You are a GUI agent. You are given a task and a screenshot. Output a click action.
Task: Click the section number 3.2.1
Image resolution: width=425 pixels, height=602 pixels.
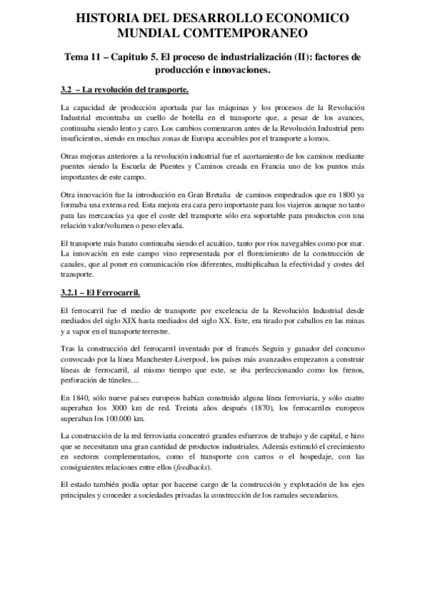pos(71,292)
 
